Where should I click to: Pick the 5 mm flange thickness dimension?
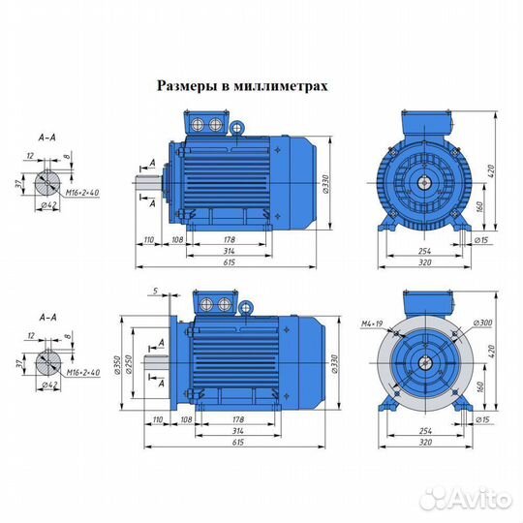(x=154, y=291)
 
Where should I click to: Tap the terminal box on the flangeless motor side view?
(x=207, y=124)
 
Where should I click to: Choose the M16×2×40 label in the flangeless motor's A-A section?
(x=80, y=194)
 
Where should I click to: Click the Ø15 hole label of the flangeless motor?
(x=481, y=239)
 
